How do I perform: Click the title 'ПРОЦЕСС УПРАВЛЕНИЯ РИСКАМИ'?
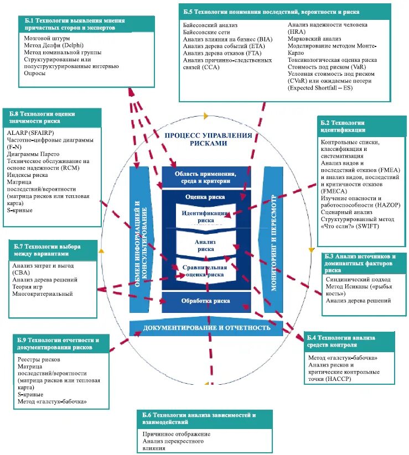pos(208,139)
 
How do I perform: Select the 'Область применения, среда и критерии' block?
pos(206,177)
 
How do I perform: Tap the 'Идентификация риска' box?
pos(205,216)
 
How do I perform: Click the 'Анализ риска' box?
pos(205,245)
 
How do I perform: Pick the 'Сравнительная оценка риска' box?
pos(205,270)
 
